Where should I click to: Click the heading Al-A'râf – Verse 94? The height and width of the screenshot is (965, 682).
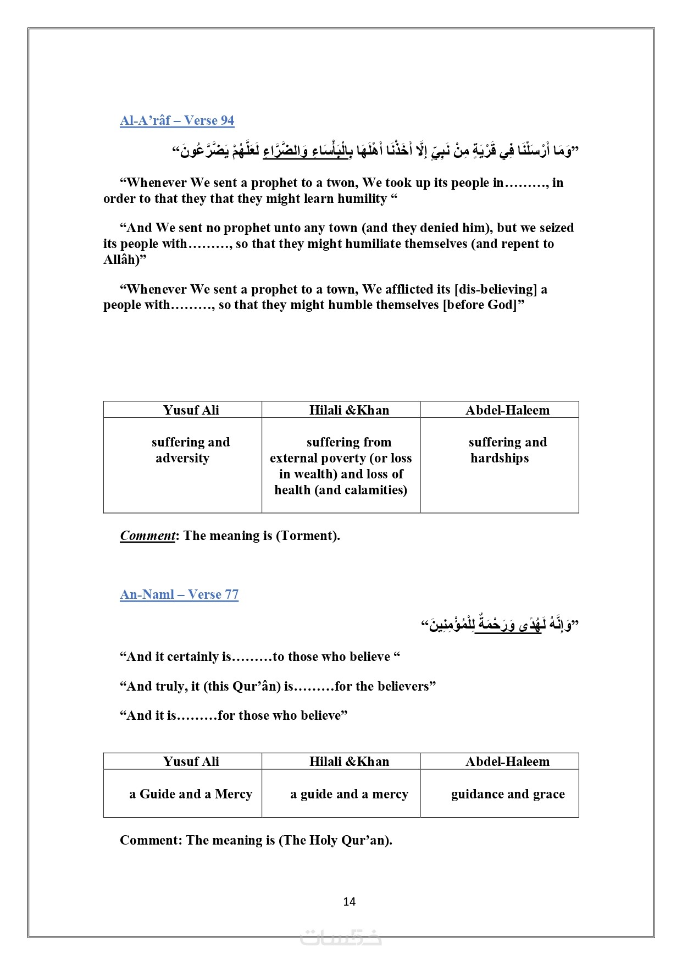click(x=177, y=120)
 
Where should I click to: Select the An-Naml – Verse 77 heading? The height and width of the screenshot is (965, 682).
click(x=179, y=594)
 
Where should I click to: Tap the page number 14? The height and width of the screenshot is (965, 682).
click(x=349, y=901)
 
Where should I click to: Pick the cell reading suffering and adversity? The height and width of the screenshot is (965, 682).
click(x=190, y=450)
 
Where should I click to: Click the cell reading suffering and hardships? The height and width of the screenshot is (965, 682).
click(x=507, y=450)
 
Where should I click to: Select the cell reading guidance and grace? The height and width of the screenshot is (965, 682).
click(x=508, y=794)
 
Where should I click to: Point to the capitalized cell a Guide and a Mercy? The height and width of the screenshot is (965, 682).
click(x=191, y=794)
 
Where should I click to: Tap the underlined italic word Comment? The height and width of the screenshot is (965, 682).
click(x=147, y=536)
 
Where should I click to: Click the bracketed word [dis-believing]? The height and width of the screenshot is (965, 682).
click(x=495, y=289)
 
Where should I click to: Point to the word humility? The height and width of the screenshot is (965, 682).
click(x=362, y=198)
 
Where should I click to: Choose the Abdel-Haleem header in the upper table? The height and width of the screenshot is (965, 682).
click(x=507, y=410)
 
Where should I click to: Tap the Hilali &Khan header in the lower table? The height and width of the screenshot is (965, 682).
click(x=349, y=762)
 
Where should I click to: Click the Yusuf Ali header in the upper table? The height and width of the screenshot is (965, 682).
click(x=191, y=410)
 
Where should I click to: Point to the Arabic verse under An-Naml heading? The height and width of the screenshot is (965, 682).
click(x=500, y=624)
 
